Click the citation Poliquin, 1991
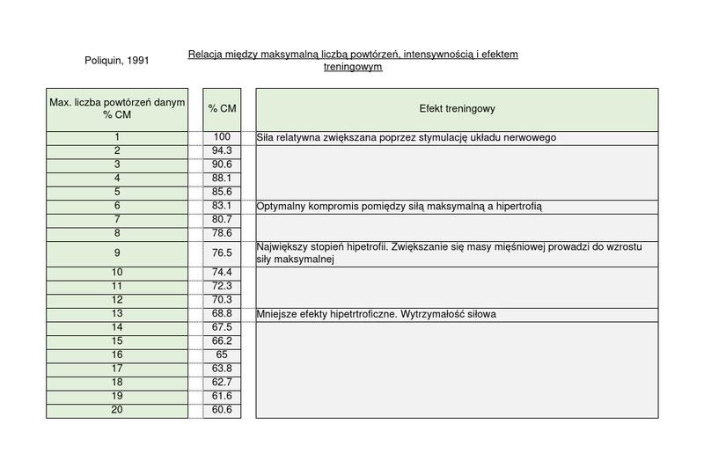pos(117,61)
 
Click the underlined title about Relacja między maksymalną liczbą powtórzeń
pos(353,61)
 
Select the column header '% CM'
pos(222,109)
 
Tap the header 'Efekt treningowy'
pos(457,109)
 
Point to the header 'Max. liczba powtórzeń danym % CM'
pos(117,109)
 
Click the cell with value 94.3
pos(222,151)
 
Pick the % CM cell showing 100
pos(222,137)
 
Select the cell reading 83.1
pos(222,206)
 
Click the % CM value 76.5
pos(222,253)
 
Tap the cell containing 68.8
pos(222,313)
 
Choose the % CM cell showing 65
pos(222,355)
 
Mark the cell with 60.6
pos(222,410)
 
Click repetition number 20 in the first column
pos(117,410)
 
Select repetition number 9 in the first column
pos(117,253)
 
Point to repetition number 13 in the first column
pos(117,313)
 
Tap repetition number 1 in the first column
pos(117,137)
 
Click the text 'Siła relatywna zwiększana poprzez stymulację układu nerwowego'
pos(407,138)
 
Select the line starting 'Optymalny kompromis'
pos(400,207)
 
